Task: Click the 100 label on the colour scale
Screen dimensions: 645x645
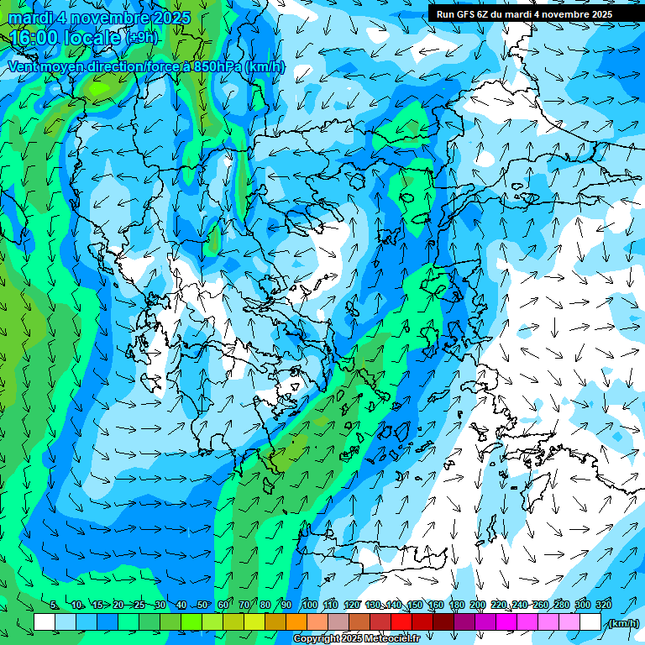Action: (310, 606)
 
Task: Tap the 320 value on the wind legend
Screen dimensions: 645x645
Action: (603, 606)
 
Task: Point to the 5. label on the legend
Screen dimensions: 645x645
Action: (55, 606)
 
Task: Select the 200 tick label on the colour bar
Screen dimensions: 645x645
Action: (478, 606)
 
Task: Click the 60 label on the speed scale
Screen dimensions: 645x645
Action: (223, 606)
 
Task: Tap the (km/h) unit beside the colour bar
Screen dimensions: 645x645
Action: (623, 623)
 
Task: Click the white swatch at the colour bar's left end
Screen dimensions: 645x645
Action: (45, 622)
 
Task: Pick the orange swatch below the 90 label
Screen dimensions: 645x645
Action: (296, 622)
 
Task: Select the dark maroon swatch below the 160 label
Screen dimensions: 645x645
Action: (443, 622)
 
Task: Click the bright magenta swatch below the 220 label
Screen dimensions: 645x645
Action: (506, 622)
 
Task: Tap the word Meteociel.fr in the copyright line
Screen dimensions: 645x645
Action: (390, 639)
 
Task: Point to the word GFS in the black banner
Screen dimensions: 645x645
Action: (465, 14)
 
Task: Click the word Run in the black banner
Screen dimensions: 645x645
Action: (445, 14)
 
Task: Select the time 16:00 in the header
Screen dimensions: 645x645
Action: (34, 38)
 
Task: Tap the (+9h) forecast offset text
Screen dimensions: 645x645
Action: (143, 38)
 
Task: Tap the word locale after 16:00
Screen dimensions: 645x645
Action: (93, 38)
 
